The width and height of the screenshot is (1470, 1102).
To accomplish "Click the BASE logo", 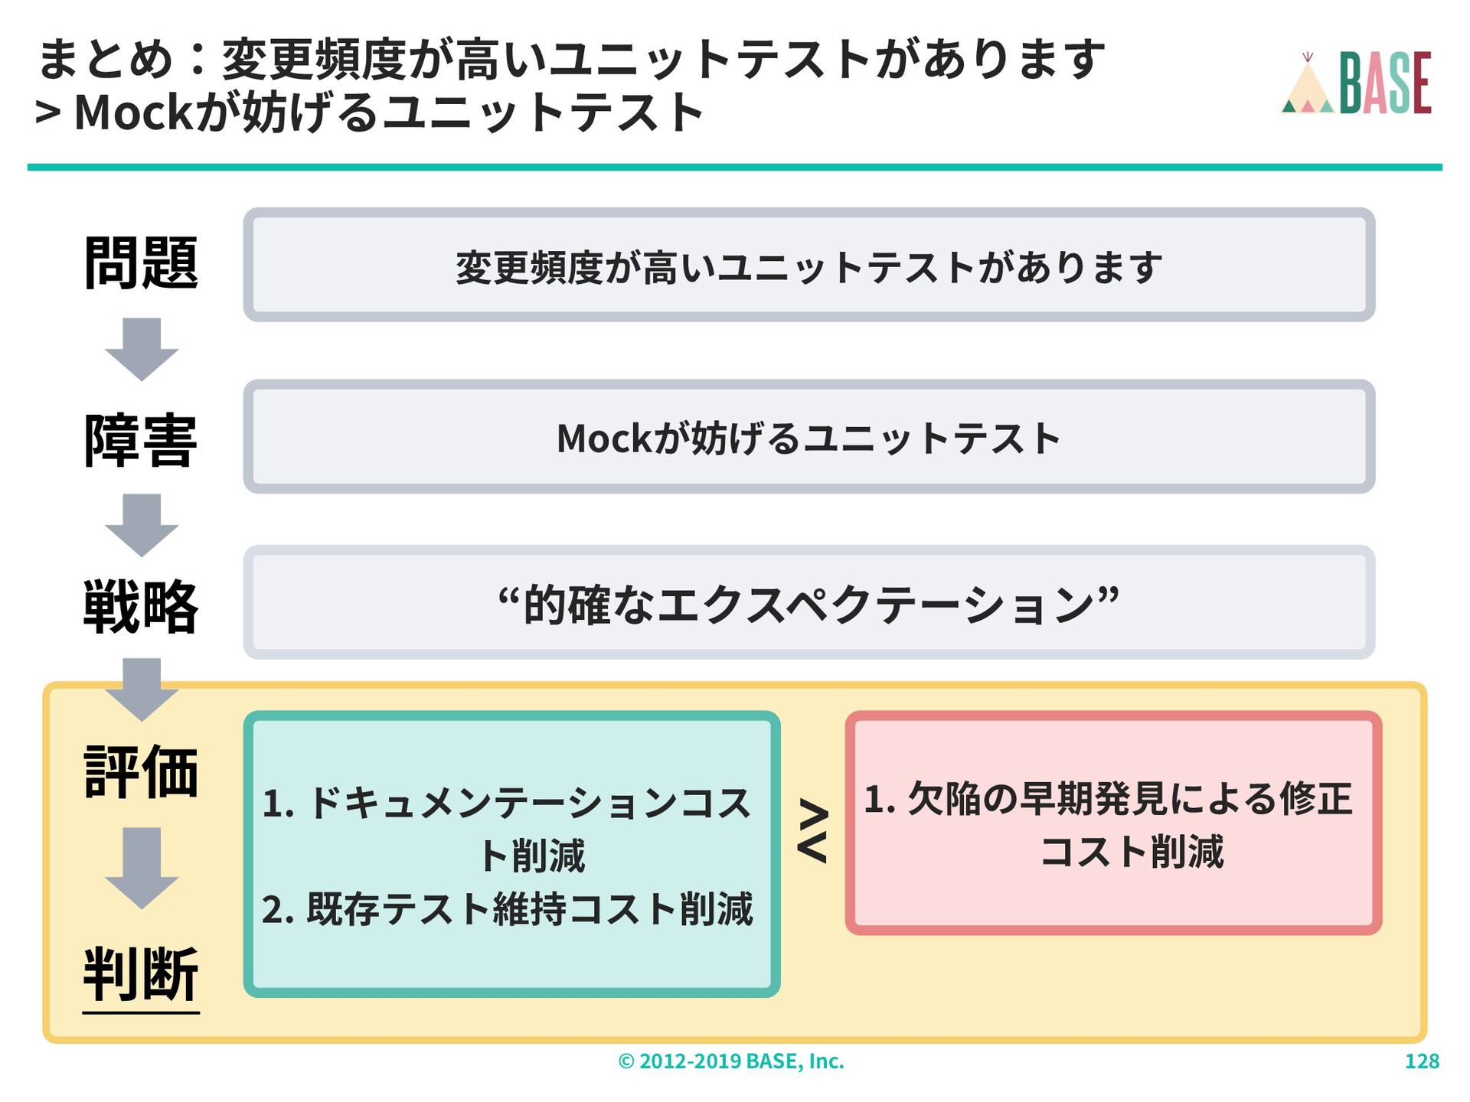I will pyautogui.click(x=1357, y=83).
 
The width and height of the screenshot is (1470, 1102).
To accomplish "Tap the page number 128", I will pyautogui.click(x=1422, y=1061).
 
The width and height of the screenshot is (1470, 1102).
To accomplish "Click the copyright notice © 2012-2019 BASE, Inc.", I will pyautogui.click(x=731, y=1061).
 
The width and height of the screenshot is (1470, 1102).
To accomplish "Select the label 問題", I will pyautogui.click(x=141, y=263).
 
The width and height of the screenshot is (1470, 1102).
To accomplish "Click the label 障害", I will pyautogui.click(x=141, y=440).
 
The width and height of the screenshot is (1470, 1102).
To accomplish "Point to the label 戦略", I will pyautogui.click(x=141, y=606).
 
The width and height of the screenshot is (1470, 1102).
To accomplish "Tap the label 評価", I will pyautogui.click(x=141, y=771).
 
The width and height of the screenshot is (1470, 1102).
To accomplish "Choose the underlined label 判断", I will pyautogui.click(x=141, y=973).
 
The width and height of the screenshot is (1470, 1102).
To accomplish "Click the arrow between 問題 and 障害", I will pyautogui.click(x=142, y=349).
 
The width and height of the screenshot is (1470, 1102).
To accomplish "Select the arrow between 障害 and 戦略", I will pyautogui.click(x=142, y=525).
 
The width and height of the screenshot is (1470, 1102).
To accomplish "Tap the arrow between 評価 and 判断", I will pyautogui.click(x=142, y=868).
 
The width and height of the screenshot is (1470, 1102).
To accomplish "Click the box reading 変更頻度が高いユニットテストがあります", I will pyautogui.click(x=808, y=266).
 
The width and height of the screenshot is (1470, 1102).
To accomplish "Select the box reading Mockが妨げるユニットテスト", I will pyautogui.click(x=808, y=437).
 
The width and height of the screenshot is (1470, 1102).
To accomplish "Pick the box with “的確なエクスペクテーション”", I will pyautogui.click(x=808, y=602).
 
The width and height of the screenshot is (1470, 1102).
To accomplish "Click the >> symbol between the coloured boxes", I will pyautogui.click(x=812, y=831).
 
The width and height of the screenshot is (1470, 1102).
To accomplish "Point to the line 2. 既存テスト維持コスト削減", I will pyautogui.click(x=508, y=909).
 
